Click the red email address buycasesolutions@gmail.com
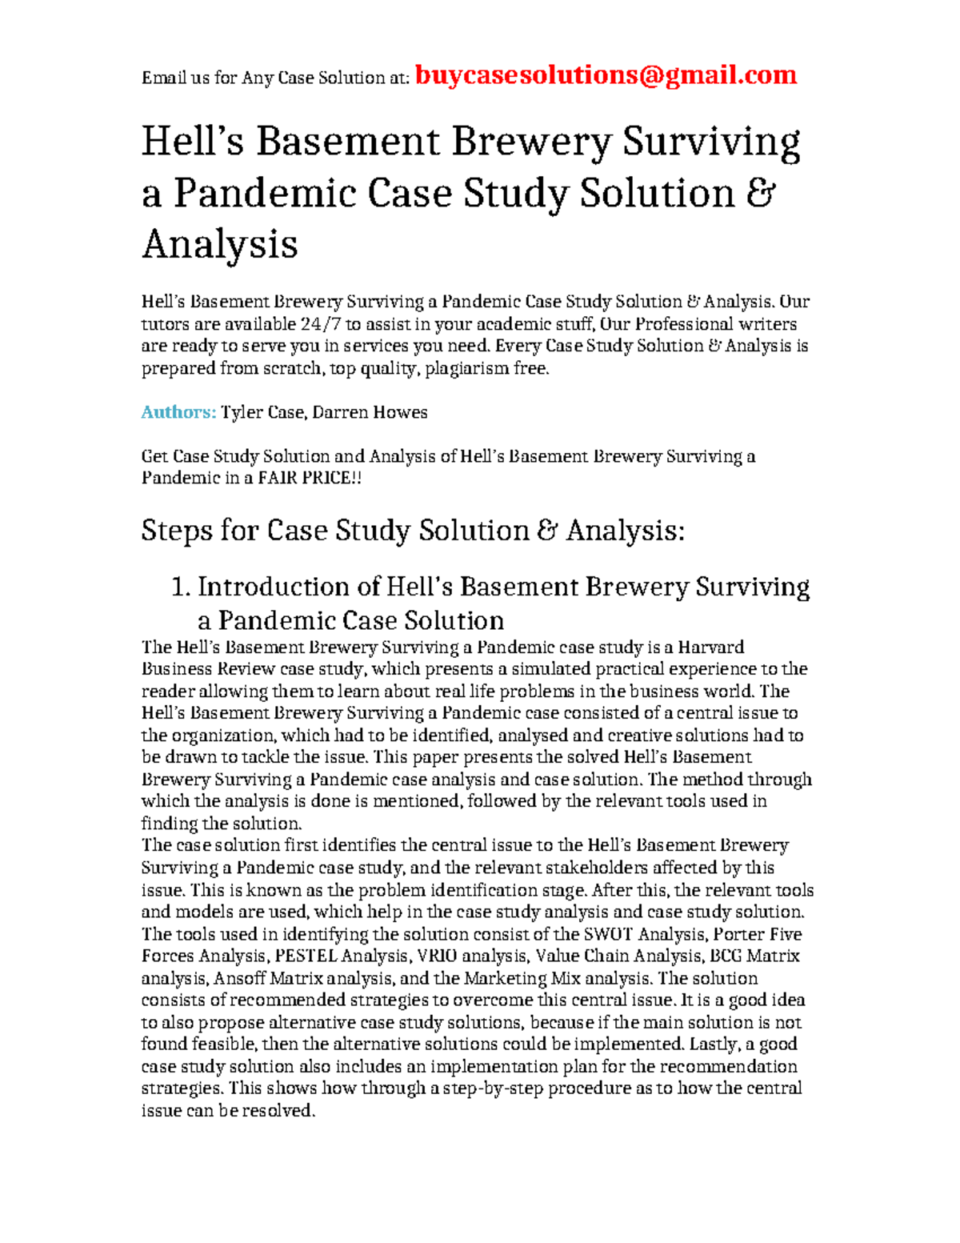click(x=606, y=75)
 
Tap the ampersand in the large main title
click(x=762, y=194)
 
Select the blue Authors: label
click(x=178, y=412)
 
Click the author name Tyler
click(x=241, y=412)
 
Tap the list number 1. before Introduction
click(x=181, y=587)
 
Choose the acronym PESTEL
click(x=306, y=956)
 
